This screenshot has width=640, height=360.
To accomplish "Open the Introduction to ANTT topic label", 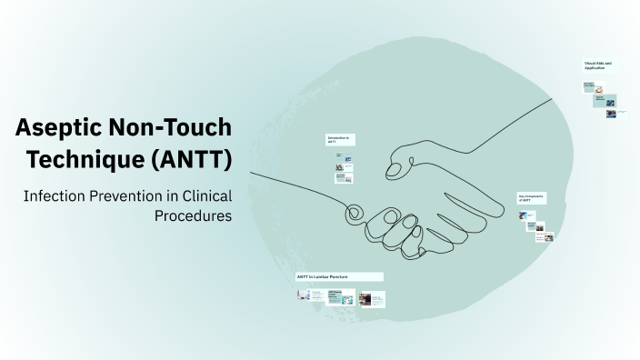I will (x=339, y=141).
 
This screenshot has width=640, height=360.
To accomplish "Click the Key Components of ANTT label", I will (x=530, y=198).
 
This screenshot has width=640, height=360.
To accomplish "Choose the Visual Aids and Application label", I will (x=598, y=65).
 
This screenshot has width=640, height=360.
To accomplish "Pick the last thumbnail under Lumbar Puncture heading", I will (x=373, y=298).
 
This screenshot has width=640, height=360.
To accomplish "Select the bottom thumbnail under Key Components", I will (x=544, y=237).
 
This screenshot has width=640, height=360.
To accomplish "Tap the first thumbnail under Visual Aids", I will (x=590, y=88).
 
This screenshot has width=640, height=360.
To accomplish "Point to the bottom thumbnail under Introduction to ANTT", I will (x=344, y=178).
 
